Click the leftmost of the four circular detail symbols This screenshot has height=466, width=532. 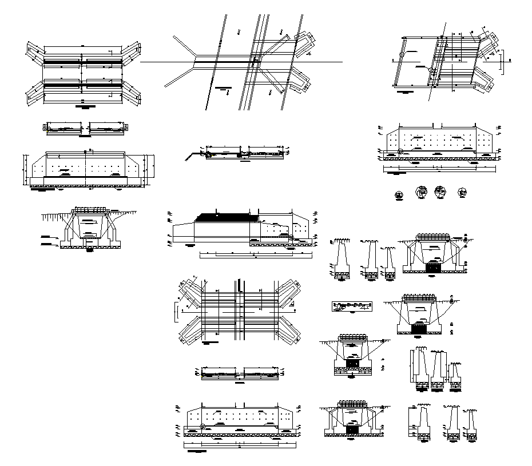tap(398, 195)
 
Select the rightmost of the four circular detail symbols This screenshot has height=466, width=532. tap(462, 193)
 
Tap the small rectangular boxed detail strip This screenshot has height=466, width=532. tap(351, 305)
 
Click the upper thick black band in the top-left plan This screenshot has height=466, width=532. tap(83, 61)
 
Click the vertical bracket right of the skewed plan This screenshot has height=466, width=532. tap(503, 61)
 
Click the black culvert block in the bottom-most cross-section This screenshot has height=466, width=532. tap(352, 428)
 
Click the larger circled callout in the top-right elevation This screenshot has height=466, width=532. tap(400, 152)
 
